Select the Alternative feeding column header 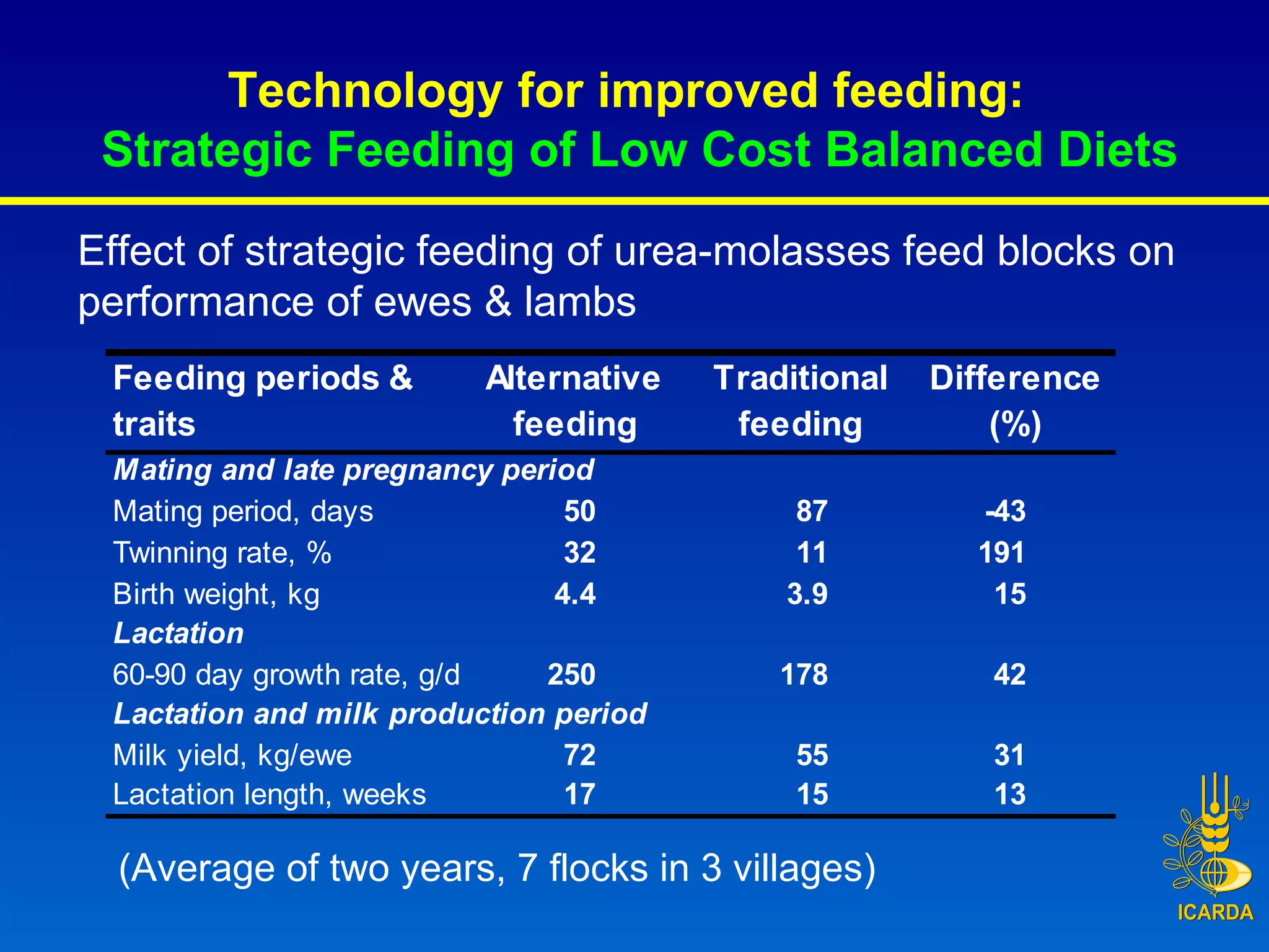pyautogui.click(x=573, y=401)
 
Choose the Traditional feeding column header pyautogui.click(x=800, y=401)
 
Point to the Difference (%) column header pyautogui.click(x=1014, y=401)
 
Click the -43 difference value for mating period pyautogui.click(x=1006, y=512)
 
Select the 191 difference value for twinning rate pyautogui.click(x=1001, y=553)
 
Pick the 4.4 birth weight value pyautogui.click(x=575, y=594)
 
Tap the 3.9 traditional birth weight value pyautogui.click(x=807, y=594)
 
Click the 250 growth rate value pyautogui.click(x=571, y=674)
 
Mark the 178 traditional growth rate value pyautogui.click(x=804, y=674)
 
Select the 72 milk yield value pyautogui.click(x=579, y=755)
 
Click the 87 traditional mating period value pyautogui.click(x=812, y=512)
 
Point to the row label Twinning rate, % pyautogui.click(x=222, y=553)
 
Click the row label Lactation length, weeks pyautogui.click(x=270, y=795)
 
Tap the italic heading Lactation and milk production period pyautogui.click(x=380, y=714)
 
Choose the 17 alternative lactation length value pyautogui.click(x=579, y=795)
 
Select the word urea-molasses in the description pyautogui.click(x=752, y=252)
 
